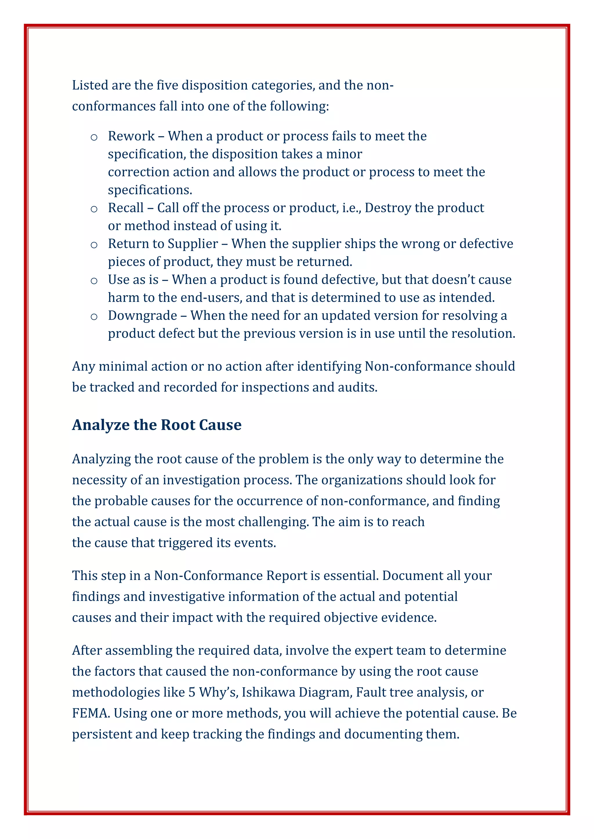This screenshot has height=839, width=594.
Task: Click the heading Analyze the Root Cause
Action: click(x=157, y=425)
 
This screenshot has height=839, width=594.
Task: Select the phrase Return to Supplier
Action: click(x=163, y=243)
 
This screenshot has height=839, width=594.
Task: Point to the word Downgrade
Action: click(x=143, y=315)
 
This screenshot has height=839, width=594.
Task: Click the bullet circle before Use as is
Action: click(x=94, y=281)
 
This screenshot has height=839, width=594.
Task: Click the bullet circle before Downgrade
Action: click(x=94, y=316)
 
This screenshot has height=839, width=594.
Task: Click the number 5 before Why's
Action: click(x=192, y=692)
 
